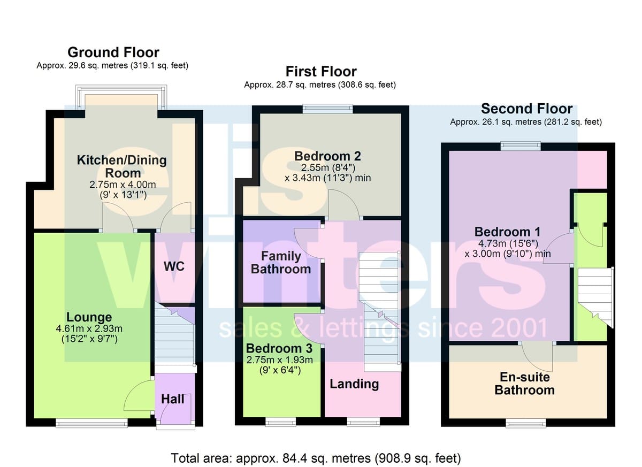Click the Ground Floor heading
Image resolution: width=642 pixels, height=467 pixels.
coord(113,52)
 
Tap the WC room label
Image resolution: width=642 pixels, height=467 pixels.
coord(174,266)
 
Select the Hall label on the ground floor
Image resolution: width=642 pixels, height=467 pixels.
coord(172,399)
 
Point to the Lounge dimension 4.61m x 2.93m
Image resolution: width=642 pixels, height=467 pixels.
coord(89,328)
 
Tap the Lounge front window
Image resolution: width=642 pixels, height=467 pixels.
coord(91,423)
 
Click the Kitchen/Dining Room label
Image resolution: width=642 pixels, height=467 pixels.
coord(122,166)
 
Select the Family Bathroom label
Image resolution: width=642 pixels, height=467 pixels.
coord(281,263)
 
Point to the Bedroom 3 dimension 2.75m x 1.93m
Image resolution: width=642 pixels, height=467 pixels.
coord(279,360)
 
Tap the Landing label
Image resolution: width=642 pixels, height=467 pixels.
coord(354,384)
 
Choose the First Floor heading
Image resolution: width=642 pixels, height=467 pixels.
coord(321,71)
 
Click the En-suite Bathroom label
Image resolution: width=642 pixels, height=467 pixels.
coord(524,384)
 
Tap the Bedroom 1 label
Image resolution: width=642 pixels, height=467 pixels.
coord(507,232)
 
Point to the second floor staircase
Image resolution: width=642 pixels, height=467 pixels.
coord(595,297)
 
